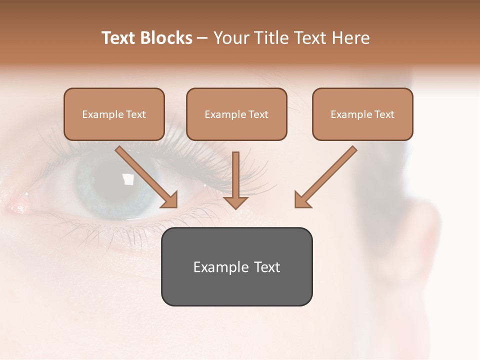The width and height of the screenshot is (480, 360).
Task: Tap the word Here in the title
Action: click(x=349, y=38)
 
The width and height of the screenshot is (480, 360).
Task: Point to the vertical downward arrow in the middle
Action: click(x=235, y=180)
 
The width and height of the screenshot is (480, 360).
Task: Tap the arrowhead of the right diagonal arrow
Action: click(x=301, y=200)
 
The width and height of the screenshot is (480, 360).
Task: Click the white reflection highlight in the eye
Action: click(x=129, y=178)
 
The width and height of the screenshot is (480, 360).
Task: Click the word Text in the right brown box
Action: click(x=384, y=114)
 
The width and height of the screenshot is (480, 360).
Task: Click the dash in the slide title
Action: click(x=202, y=38)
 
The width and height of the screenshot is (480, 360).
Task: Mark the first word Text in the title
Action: click(x=119, y=38)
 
